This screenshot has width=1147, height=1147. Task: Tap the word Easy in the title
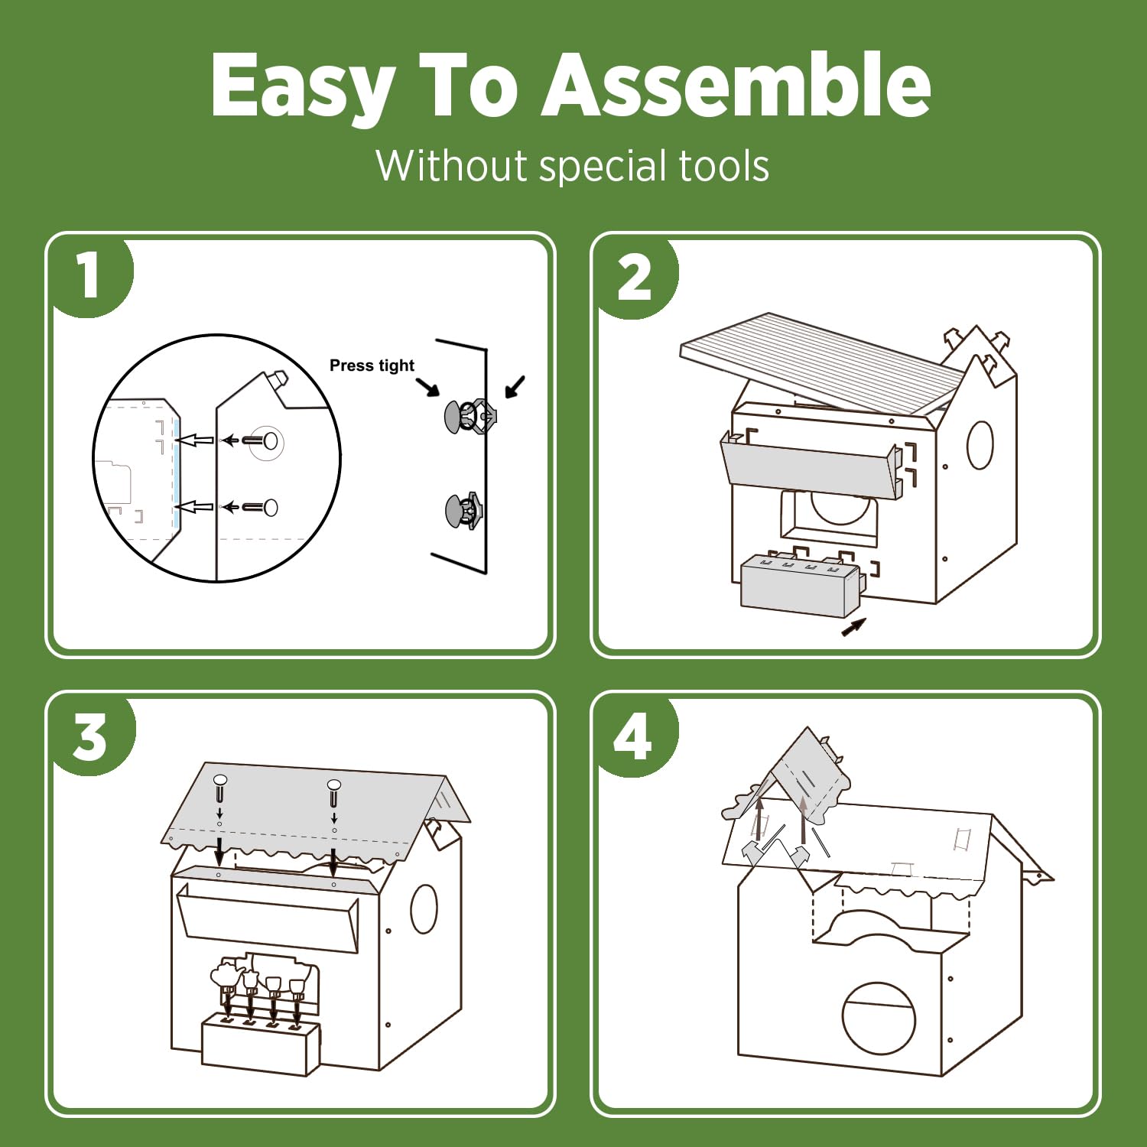pyautogui.click(x=303, y=86)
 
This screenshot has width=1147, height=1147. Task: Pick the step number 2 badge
pyautogui.click(x=635, y=277)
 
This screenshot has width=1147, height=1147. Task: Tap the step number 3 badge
pyautogui.click(x=90, y=736)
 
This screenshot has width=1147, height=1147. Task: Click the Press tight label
pyautogui.click(x=372, y=366)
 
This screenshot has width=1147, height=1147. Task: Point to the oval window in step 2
pyautogui.click(x=980, y=444)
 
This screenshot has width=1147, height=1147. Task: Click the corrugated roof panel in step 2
pyautogui.click(x=822, y=363)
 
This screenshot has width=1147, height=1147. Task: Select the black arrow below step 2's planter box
pyautogui.click(x=853, y=627)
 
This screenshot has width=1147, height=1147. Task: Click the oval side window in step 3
pyautogui.click(x=424, y=909)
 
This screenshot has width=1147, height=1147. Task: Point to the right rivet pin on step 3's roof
pyautogui.click(x=333, y=793)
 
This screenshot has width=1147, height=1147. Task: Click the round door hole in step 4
pyautogui.click(x=879, y=1018)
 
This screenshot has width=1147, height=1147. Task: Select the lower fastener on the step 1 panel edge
pyautogui.click(x=463, y=511)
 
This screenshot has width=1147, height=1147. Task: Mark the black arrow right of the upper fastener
pyautogui.click(x=515, y=386)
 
